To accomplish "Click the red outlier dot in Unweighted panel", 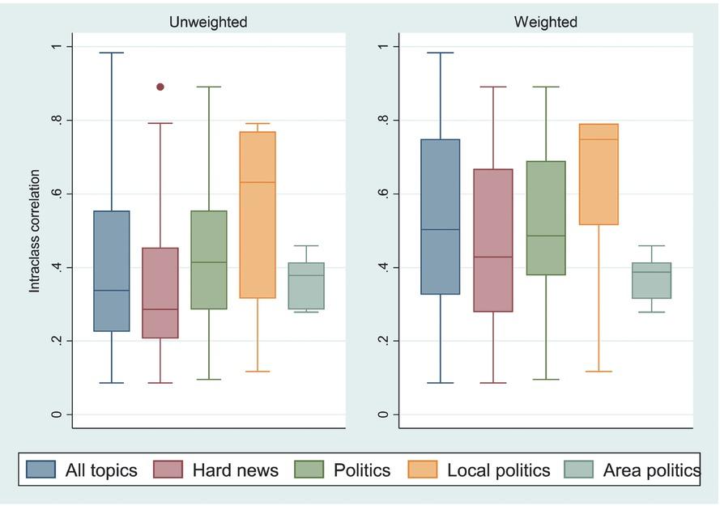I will tap(160, 87).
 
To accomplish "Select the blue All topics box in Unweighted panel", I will tap(112, 271).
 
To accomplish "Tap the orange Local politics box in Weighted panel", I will tap(599, 174).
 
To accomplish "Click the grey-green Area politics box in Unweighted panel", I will tap(306, 286).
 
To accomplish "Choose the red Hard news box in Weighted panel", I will tap(493, 240).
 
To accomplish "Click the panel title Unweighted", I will tap(208, 22).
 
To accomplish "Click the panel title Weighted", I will tap(546, 22).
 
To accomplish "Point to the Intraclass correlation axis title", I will tap(35, 231).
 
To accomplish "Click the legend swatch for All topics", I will tap(40, 470).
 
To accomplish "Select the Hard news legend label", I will tap(235, 470).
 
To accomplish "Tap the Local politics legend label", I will tap(498, 470).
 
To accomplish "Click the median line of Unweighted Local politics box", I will tap(258, 182).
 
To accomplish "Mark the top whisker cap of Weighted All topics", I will tap(441, 53).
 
